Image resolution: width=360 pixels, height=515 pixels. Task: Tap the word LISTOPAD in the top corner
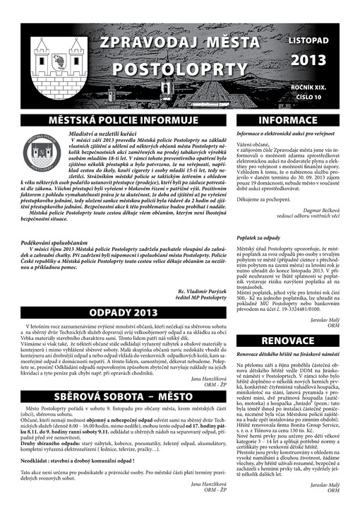pos(308,42)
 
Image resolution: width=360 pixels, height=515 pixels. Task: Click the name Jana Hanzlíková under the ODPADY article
pos(184,378)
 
